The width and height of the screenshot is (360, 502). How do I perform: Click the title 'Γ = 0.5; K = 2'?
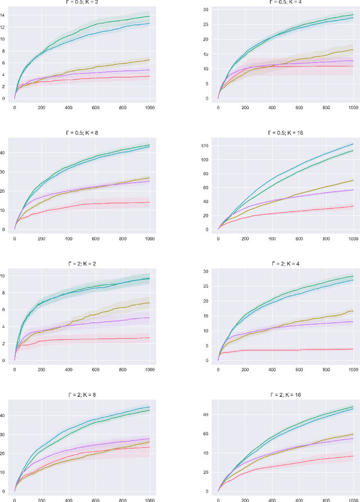[82, 2]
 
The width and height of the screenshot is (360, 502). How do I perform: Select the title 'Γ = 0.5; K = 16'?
[286, 133]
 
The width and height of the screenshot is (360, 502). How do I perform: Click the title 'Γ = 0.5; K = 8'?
[82, 133]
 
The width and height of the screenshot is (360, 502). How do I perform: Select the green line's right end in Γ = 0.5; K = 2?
[150, 16]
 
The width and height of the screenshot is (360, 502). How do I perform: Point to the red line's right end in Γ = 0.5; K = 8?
[150, 202]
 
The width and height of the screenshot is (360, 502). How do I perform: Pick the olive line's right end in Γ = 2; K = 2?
[150, 302]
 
